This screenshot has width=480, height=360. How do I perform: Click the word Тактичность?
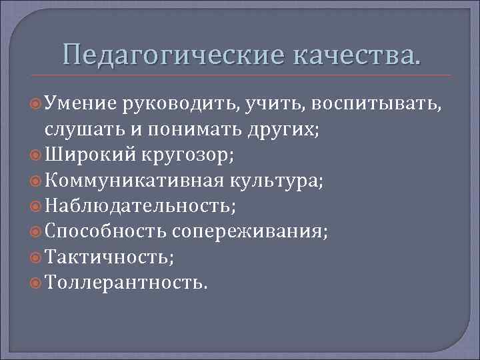tap(106, 257)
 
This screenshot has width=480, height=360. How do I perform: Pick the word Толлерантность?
tap(126, 282)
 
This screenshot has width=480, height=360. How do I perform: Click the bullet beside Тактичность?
tap(37, 257)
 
